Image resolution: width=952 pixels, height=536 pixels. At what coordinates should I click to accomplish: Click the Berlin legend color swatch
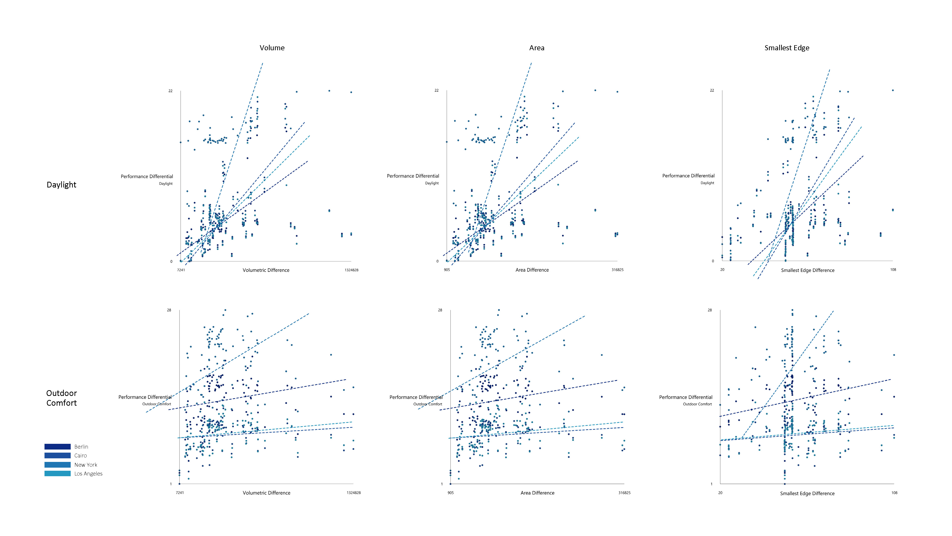57,446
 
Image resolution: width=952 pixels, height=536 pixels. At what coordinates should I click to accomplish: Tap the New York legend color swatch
57,465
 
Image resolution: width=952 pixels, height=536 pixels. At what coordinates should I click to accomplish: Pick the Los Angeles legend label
88,474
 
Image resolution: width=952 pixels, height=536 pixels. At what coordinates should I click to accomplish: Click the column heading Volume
272,48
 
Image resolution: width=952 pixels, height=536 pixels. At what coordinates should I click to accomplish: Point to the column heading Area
537,48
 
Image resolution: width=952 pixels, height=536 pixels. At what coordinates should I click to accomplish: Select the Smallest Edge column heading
787,48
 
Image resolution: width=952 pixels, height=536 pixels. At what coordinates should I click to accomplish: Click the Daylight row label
61,185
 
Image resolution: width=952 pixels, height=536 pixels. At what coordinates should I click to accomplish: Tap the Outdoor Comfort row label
61,398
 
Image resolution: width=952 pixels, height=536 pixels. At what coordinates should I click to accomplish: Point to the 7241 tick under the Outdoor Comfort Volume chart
180,493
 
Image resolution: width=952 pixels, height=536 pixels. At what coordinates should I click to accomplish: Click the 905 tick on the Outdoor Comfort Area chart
451,493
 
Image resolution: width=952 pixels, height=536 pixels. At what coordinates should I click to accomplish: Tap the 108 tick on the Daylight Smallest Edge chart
893,270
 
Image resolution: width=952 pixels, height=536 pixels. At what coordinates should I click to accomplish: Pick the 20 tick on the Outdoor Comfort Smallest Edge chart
720,493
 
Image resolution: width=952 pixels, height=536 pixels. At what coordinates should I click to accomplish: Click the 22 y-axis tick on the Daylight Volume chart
170,91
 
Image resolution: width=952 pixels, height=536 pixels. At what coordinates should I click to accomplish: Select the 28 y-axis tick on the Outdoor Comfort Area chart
440,310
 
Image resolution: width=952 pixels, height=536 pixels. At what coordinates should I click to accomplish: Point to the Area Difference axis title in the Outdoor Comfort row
537,493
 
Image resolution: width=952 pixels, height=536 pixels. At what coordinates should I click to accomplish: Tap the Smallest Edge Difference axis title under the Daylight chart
808,270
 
